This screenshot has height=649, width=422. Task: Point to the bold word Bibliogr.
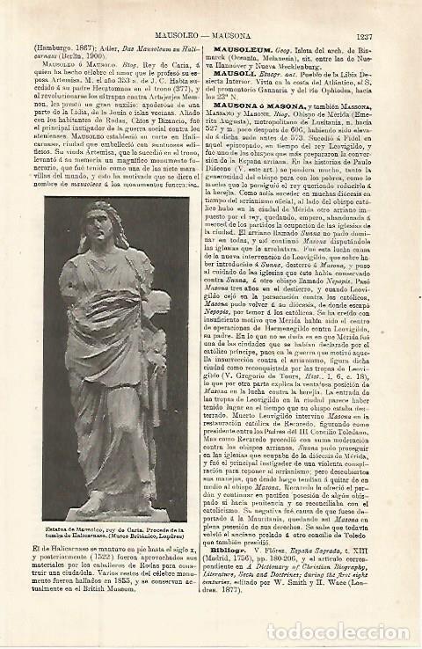coord(238,560)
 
